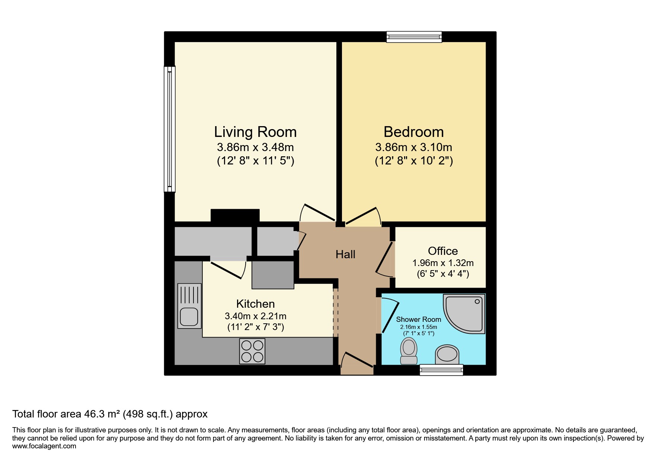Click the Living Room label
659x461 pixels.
coord(255,132)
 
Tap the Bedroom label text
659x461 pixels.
coord(413,132)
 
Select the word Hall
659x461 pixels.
coord(345,254)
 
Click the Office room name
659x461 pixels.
coord(443,251)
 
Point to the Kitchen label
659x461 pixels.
coord(255,304)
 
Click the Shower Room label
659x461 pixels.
coord(418,320)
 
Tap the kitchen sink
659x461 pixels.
coord(189,306)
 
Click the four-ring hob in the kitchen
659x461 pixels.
coord(252,351)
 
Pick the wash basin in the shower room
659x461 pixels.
coord(447,354)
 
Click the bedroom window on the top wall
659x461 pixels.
coord(414,37)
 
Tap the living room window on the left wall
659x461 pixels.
coord(170,129)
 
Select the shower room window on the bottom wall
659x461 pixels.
coord(441,369)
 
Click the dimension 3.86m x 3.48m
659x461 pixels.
coord(255,147)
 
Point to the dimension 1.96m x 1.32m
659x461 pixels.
coord(443,263)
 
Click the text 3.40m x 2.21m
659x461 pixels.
coord(255,316)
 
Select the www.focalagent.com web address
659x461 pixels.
coord(44,446)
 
